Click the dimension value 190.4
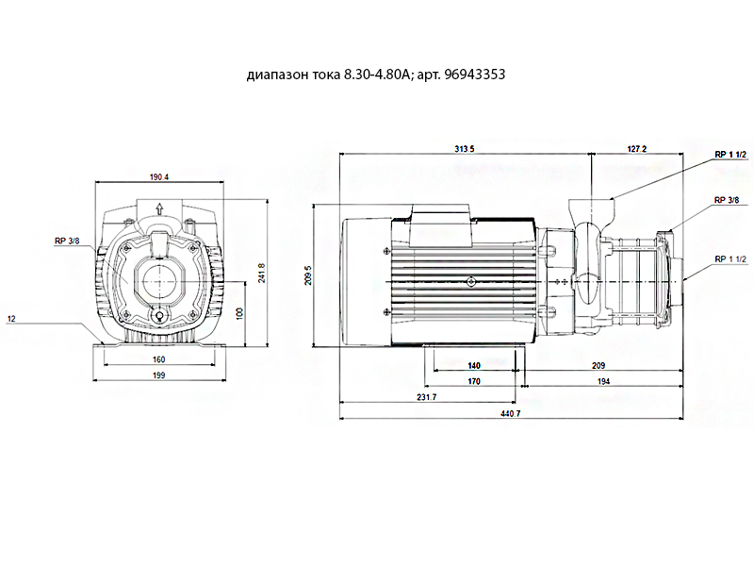pos(159,177)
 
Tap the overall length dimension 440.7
pos(510,413)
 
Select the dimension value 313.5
pos(465,149)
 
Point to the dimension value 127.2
pos(637,149)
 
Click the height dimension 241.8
pos(262,273)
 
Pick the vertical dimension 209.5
pos(308,275)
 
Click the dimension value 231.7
pos(427,397)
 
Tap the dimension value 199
pos(158,375)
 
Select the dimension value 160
pos(158,359)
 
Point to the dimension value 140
pos(474,366)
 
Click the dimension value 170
pos(474,381)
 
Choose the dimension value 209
pos(598,366)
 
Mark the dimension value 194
pos(603,381)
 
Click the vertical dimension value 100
pos(240,313)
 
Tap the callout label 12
pos(11,319)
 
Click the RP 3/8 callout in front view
pos(67,241)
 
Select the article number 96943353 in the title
pos(475,75)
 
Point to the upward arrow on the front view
pos(159,208)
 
